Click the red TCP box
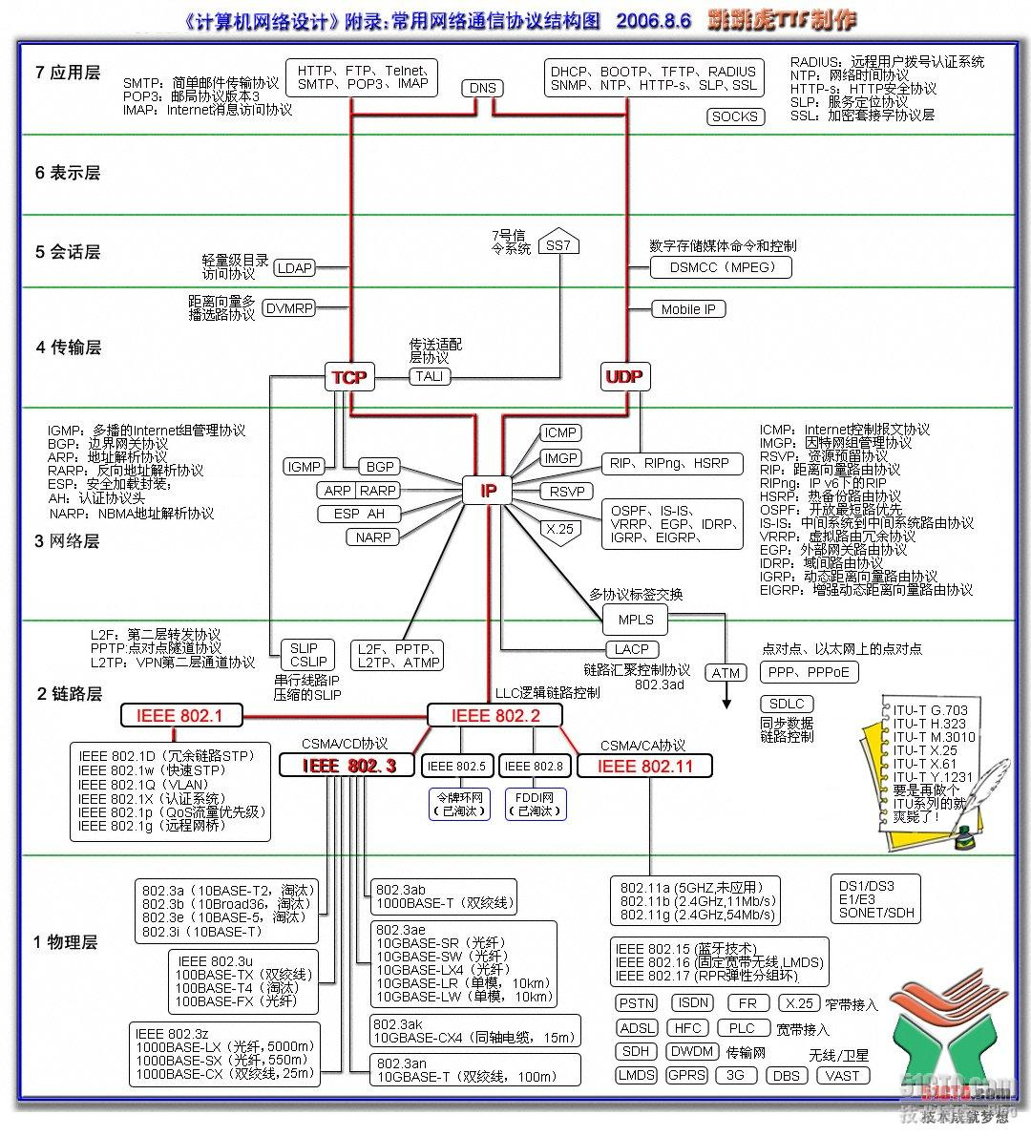coord(348,377)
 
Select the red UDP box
coord(624,377)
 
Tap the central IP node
coord(488,491)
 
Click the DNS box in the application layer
coord(483,88)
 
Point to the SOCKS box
coord(734,116)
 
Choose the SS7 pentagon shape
coord(558,243)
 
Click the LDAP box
coord(294,268)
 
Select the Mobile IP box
coord(688,309)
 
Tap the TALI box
coord(430,376)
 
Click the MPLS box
coord(636,620)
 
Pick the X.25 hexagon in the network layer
coord(558,529)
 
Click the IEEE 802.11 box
coord(643,766)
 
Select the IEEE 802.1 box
coord(179,715)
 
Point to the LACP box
coord(632,650)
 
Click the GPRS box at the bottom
coord(685,1075)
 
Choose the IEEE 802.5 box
coord(456,766)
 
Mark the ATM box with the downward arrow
coord(726,673)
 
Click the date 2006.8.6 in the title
coord(653,20)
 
